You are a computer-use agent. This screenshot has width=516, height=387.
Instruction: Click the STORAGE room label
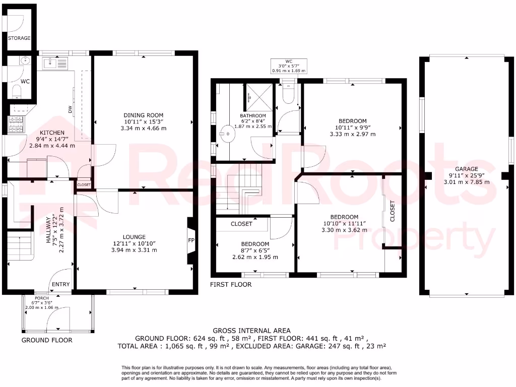click(x=19, y=38)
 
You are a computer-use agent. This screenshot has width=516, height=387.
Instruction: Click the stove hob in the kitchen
click(x=16, y=124)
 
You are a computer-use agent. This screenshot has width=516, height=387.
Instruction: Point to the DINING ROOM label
click(x=144, y=114)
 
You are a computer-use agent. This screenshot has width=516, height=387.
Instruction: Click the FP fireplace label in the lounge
click(x=191, y=241)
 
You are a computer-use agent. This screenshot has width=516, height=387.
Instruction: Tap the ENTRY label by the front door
click(x=60, y=285)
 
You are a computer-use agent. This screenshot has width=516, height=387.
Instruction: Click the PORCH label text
click(x=42, y=298)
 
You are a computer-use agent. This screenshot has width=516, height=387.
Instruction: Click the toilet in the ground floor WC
click(x=17, y=91)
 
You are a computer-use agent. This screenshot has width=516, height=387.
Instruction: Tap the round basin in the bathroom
click(x=229, y=135)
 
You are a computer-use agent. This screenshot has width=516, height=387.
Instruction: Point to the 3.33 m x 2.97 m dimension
click(x=352, y=135)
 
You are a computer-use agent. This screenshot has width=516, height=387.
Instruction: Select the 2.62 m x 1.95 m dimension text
click(x=254, y=257)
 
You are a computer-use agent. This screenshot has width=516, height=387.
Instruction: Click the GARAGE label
click(x=466, y=169)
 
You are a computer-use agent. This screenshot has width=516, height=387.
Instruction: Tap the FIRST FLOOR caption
click(x=231, y=285)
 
